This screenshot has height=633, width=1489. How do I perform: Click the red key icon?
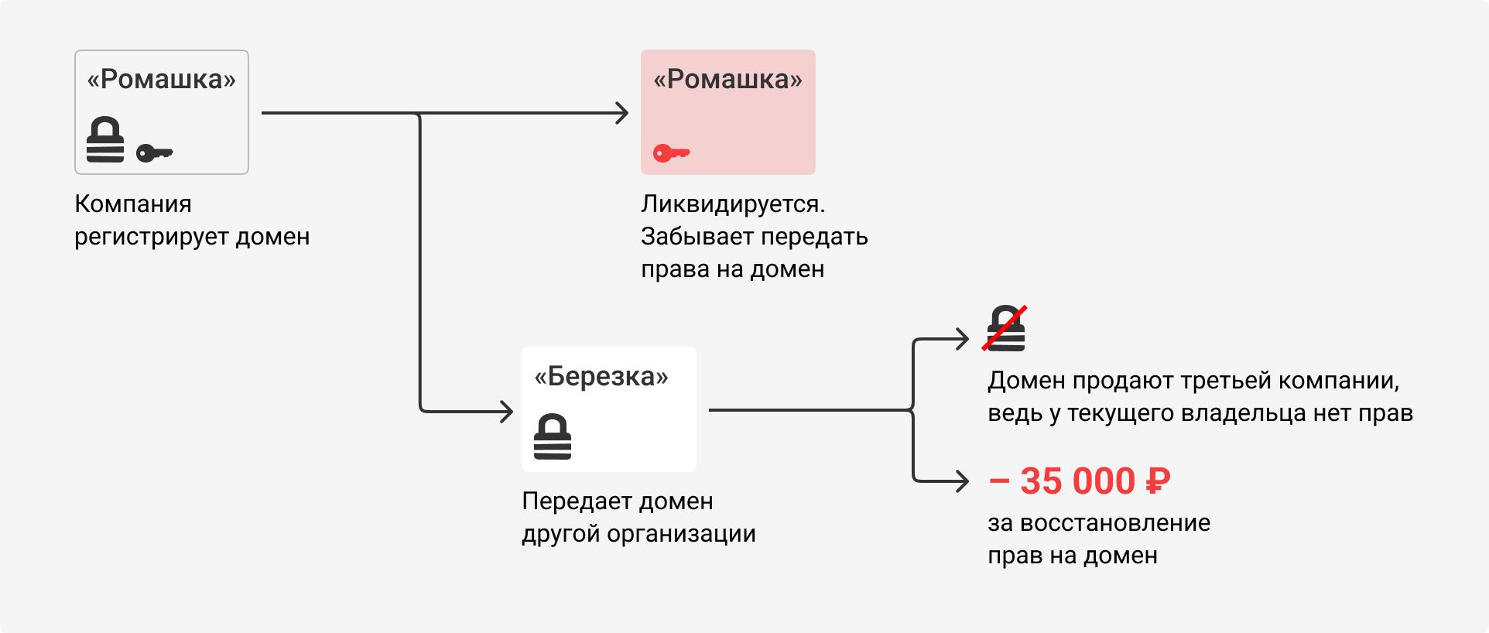tap(671, 152)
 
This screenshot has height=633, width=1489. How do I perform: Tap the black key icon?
tap(154, 152)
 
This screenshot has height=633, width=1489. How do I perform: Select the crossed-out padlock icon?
tap(1005, 329)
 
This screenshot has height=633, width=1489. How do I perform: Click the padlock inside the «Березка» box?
tap(553, 436)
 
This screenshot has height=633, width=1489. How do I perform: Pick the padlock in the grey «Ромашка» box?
tap(105, 139)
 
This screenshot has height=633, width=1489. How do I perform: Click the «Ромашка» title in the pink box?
tap(727, 79)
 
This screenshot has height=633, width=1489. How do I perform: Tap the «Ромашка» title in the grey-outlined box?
tap(161, 79)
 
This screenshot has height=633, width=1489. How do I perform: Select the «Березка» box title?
tap(601, 376)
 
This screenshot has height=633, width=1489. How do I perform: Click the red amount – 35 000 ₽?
tap(1080, 481)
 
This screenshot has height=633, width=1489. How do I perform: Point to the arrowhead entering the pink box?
tap(623, 113)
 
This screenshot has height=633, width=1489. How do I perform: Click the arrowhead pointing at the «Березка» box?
tap(507, 411)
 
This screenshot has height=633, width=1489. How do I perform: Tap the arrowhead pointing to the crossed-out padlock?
tap(963, 339)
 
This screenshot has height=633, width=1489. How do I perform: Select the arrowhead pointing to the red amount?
tap(963, 481)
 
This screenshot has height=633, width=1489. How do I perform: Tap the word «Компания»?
tap(133, 204)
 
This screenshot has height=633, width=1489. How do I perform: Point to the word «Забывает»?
tap(693, 237)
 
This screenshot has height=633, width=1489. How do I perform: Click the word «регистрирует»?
tap(152, 237)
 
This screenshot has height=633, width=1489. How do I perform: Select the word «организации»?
tap(681, 535)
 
